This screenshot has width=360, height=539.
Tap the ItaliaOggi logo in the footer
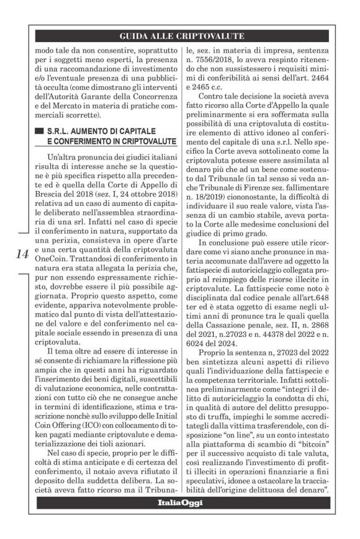[180, 502]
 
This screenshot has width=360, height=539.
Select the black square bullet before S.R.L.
[40, 131]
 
